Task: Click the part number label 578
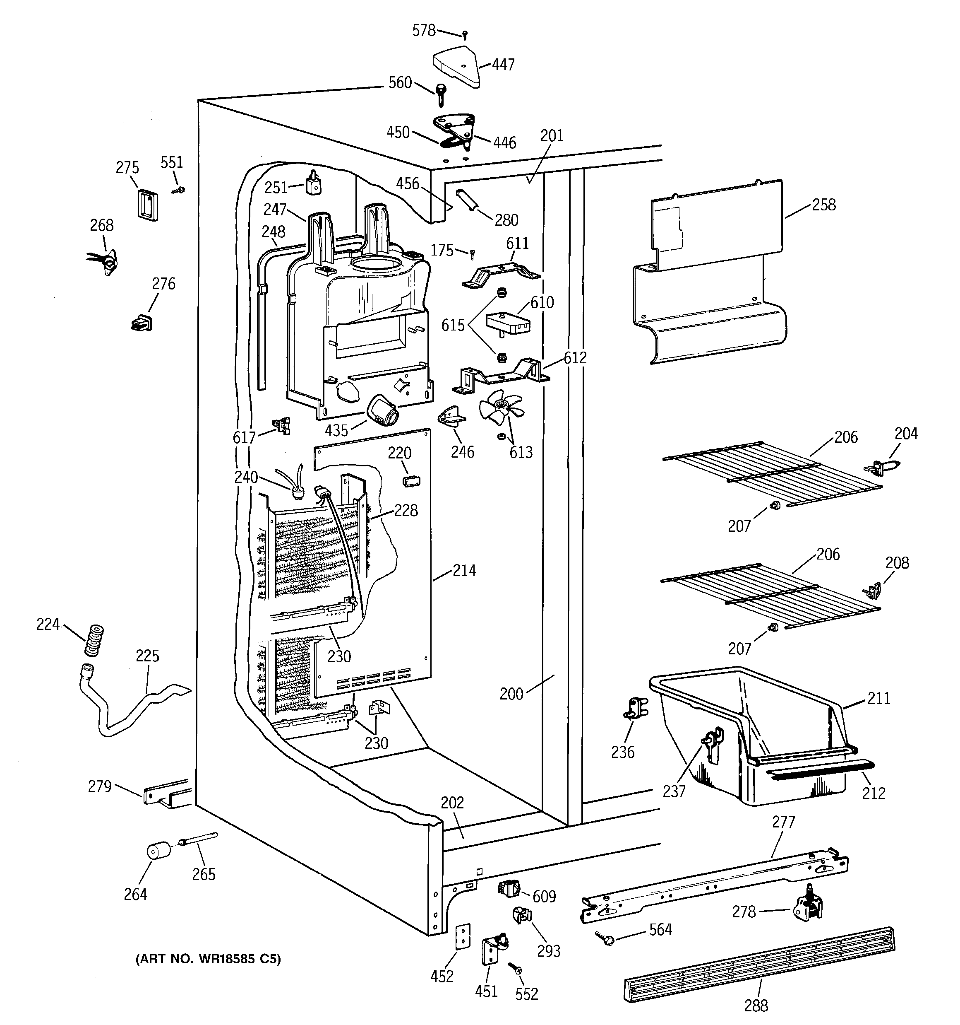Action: pos(424,31)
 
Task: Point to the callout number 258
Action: pos(823,205)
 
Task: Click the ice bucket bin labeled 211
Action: pos(752,734)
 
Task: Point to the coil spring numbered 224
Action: pos(94,640)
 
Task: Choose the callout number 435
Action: pos(336,429)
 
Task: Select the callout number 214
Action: pos(464,570)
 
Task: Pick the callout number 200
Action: pos(511,694)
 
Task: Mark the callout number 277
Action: pos(784,822)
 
